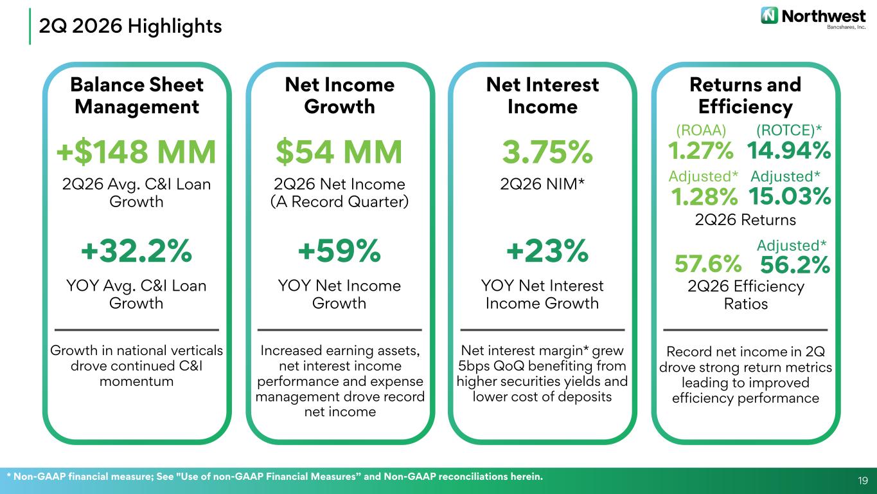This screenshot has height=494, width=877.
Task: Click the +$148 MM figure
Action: point(136,152)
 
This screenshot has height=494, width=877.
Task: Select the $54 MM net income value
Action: point(339,152)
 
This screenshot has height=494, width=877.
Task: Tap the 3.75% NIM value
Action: point(547,152)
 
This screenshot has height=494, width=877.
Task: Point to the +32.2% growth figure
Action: point(136,251)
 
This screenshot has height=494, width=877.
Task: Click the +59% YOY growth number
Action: point(339,251)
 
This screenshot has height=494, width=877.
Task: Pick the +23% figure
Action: point(547,251)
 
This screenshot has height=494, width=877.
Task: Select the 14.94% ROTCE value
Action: point(788,151)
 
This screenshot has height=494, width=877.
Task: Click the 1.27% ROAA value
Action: point(700,151)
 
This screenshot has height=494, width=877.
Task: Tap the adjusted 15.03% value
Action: point(790,196)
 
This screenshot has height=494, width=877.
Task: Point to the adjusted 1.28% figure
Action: point(704,196)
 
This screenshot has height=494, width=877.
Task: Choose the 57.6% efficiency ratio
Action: point(708,264)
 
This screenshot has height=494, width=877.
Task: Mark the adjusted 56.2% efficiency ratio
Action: point(795,264)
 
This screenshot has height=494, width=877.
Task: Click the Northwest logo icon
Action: point(769,15)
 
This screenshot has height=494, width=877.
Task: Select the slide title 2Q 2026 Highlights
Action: point(130,26)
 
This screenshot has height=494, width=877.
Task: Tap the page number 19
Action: point(862,480)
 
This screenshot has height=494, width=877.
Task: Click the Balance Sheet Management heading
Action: point(137,96)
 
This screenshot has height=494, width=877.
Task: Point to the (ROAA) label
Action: point(701,130)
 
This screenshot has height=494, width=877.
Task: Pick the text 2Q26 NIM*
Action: point(542,184)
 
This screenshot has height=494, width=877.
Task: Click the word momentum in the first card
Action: point(136,381)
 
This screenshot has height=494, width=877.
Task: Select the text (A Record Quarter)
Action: point(339,201)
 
